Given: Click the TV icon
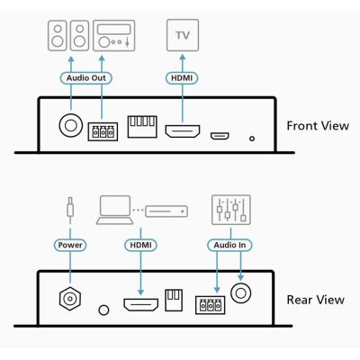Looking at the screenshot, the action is click(183, 35).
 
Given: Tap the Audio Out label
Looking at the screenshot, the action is click(86, 78).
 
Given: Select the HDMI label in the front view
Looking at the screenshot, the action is click(182, 78).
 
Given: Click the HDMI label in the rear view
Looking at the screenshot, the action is click(140, 245).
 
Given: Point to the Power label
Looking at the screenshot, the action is click(70, 245).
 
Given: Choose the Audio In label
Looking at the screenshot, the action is click(229, 245).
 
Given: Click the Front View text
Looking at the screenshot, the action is click(318, 126).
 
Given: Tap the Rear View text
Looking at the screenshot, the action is click(316, 300).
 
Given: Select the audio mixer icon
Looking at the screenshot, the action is click(231, 210).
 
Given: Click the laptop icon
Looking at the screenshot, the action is click(114, 210).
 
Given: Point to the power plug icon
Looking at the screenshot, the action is click(70, 210).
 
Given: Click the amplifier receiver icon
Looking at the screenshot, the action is click(114, 36).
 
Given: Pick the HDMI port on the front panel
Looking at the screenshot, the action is click(183, 131).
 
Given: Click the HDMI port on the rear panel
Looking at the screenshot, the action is click(141, 304).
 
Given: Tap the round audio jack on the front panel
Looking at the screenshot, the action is click(71, 125).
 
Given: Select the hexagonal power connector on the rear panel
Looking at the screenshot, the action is click(70, 299).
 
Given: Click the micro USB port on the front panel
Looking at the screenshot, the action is click(220, 136).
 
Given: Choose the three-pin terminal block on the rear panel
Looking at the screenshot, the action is click(211, 305).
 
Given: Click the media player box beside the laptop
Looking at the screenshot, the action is click(166, 211).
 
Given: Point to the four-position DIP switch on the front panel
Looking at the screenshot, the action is click(142, 127).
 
